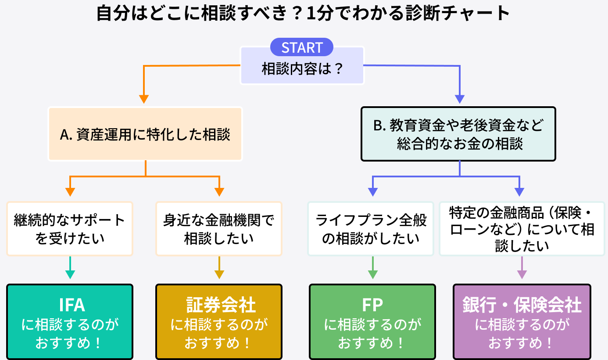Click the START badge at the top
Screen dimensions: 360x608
(x=302, y=47)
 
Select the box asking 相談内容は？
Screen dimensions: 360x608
(x=302, y=69)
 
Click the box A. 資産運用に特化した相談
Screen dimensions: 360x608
(x=145, y=134)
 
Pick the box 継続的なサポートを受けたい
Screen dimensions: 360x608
(x=70, y=229)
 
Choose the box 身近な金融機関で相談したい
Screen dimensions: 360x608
(x=218, y=229)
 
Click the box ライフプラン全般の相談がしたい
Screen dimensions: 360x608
(x=371, y=229)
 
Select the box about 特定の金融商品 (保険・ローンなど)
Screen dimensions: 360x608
(x=522, y=229)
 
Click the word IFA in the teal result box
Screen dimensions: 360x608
(x=70, y=304)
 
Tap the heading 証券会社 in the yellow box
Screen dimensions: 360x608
(x=218, y=304)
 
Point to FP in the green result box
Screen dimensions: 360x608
(x=372, y=304)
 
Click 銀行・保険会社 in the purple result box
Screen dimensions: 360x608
(x=522, y=304)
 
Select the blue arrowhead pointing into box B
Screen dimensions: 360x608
(x=459, y=99)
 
